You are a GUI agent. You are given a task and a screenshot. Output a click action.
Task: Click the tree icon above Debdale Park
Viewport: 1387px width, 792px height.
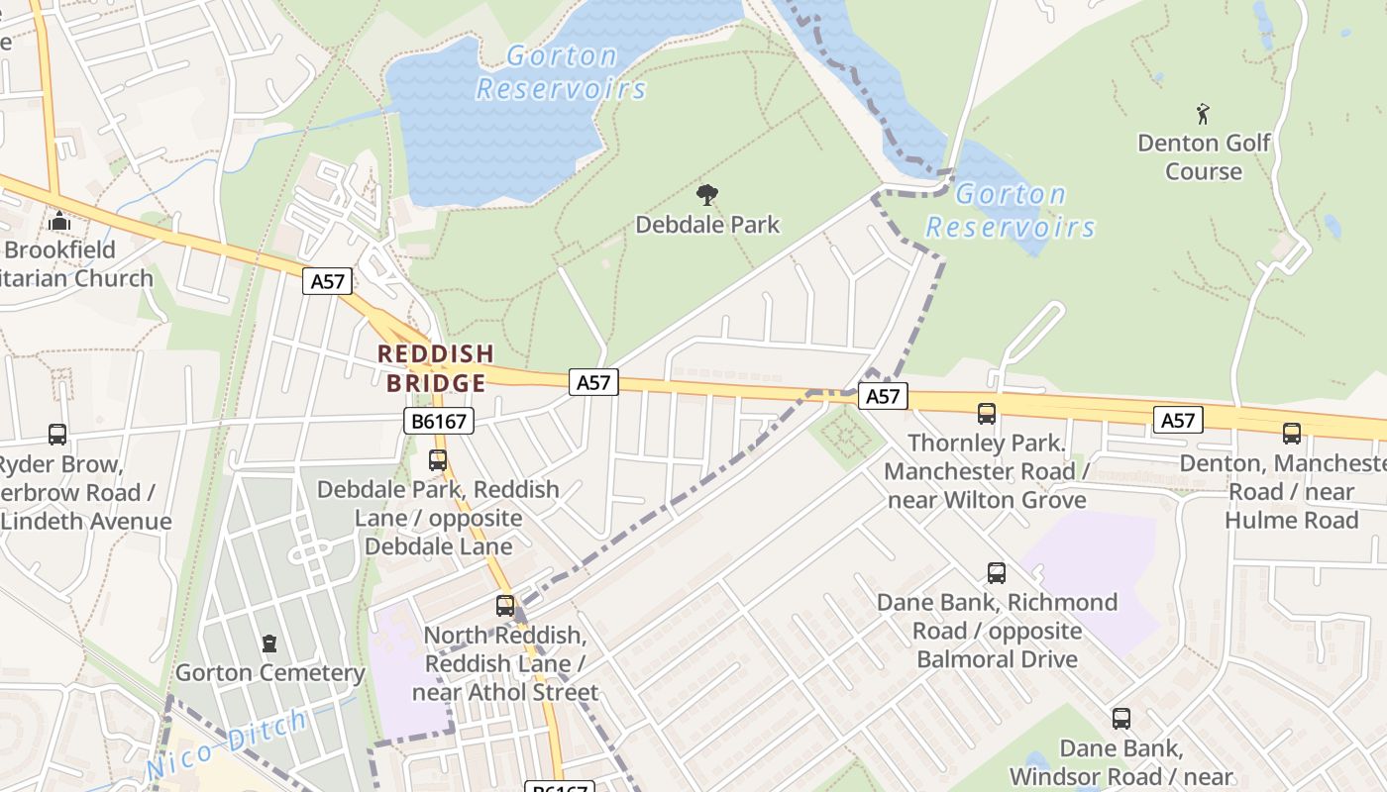point(706,195)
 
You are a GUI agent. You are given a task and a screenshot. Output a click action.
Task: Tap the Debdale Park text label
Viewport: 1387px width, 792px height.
point(707,225)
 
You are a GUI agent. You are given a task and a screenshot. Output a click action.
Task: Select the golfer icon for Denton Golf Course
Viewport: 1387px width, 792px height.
point(1203,114)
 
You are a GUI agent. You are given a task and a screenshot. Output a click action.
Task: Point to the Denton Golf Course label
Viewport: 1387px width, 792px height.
point(1203,157)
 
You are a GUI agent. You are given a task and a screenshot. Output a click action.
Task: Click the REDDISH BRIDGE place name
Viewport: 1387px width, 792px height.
point(436,368)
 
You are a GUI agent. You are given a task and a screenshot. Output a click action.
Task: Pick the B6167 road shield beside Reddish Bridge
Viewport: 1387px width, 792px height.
point(439,422)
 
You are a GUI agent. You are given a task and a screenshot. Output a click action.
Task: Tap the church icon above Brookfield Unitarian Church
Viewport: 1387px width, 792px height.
point(59,221)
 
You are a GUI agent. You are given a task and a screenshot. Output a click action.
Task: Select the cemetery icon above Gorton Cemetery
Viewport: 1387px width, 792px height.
point(268,644)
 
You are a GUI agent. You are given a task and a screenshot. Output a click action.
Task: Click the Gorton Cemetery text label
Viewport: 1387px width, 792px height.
point(269,673)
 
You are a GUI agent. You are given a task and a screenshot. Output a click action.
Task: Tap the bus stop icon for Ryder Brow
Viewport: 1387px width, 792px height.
point(57,434)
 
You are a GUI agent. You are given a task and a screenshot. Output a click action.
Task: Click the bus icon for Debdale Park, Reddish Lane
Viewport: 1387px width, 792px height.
point(437,460)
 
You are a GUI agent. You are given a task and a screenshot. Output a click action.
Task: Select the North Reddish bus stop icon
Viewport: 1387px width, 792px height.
point(505,605)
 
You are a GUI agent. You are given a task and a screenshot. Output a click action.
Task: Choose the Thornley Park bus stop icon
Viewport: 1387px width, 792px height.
point(987,414)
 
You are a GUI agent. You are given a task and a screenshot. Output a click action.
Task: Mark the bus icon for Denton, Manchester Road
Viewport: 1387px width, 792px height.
point(1292,433)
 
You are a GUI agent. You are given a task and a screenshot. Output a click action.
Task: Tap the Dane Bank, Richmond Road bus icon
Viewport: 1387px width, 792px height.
point(997,572)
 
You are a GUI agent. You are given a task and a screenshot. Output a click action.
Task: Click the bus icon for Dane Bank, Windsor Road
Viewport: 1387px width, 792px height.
point(1120,719)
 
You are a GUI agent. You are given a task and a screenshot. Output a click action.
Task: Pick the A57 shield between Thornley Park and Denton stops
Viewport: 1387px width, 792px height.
point(1177,421)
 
